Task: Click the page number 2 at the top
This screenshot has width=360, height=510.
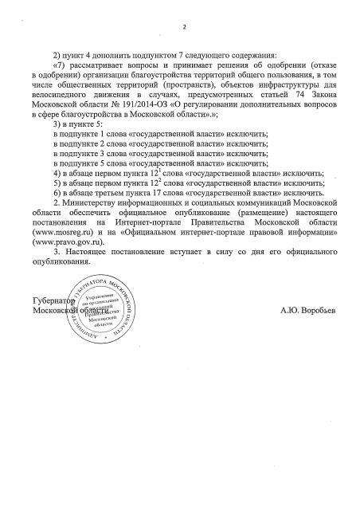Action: (182, 29)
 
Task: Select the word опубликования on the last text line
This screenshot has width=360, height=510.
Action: (57, 261)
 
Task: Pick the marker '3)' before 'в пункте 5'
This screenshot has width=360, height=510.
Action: (53, 125)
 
